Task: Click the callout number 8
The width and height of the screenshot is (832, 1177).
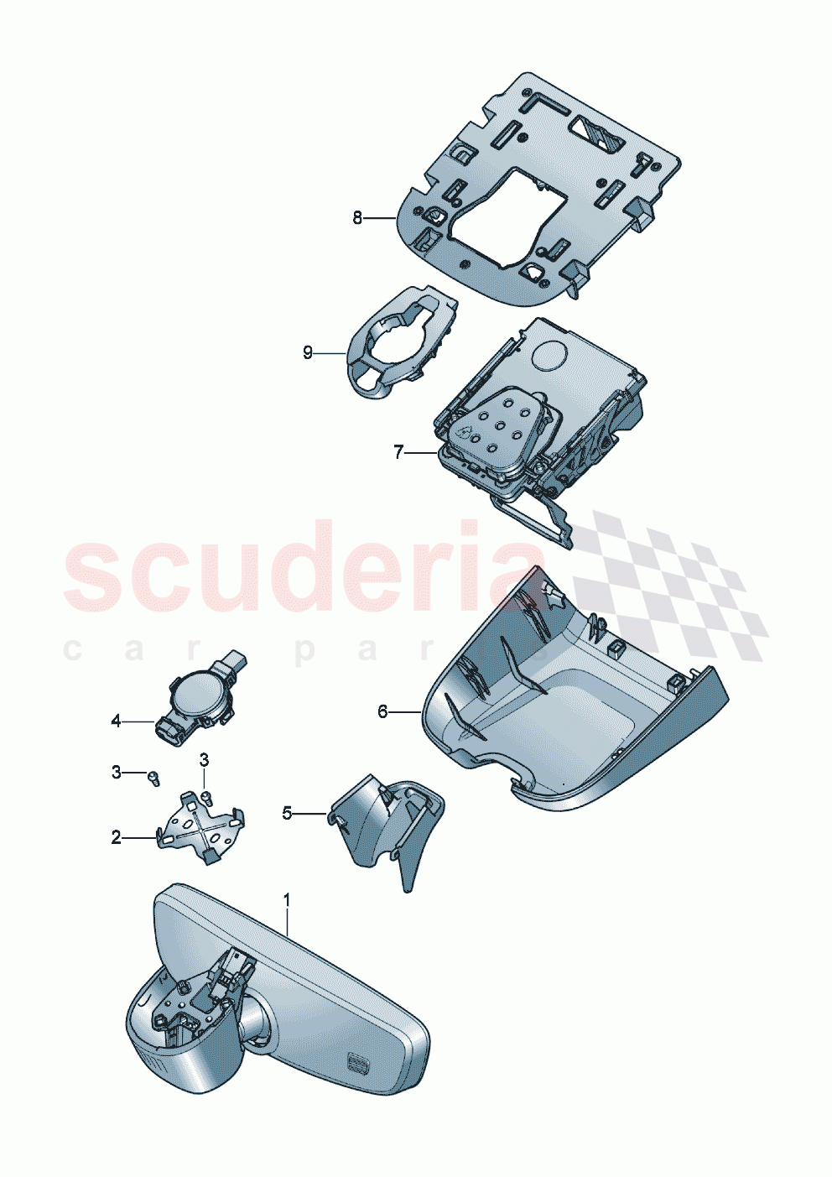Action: coord(357,218)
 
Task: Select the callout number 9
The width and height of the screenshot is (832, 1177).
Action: coord(308,353)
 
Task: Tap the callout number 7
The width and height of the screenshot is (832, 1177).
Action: coord(398,452)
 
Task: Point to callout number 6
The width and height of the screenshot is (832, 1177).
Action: coord(382,711)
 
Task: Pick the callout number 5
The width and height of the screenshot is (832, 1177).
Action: coord(287,812)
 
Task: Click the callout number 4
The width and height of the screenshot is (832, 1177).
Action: coord(116,721)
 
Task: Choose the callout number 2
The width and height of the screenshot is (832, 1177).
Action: coord(116,837)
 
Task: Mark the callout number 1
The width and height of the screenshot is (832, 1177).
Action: coord(287,899)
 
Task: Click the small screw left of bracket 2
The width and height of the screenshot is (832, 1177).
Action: coord(153,777)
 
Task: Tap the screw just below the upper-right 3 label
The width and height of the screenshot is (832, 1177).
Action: coord(206,796)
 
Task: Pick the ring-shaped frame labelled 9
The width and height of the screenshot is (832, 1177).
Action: coord(394,344)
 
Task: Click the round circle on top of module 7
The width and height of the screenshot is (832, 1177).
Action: coord(549,355)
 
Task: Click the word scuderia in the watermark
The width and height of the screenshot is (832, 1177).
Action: coord(302,566)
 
